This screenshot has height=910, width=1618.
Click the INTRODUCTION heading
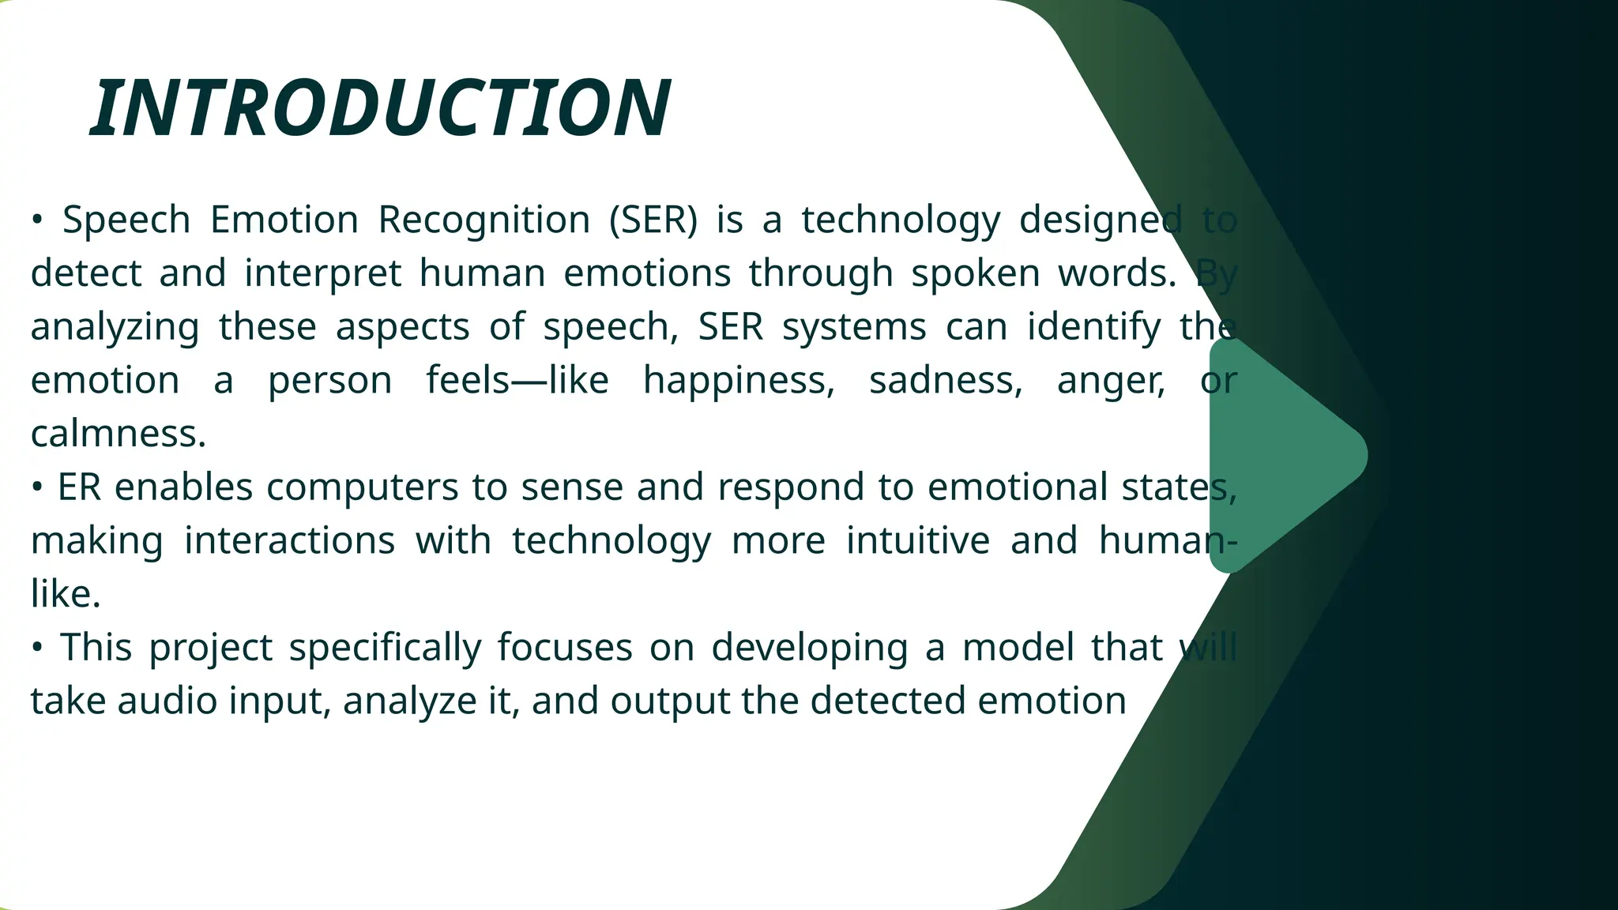(381, 109)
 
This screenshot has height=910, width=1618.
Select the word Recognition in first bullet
(484, 220)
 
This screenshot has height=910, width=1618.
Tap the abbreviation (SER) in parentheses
(653, 220)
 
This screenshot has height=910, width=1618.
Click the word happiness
(739, 381)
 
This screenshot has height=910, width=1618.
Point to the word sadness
(946, 381)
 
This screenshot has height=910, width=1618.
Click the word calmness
(119, 434)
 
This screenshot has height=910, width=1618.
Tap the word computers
(362, 487)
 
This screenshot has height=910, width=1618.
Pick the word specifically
(385, 649)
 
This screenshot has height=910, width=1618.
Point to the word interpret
(322, 274)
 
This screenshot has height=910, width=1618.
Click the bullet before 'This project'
(36, 648)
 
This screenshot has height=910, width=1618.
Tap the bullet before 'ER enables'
(36, 487)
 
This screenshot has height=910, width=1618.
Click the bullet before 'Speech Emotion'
(36, 220)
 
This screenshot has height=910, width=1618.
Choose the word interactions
(289, 541)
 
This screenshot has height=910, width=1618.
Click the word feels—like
(517, 381)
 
